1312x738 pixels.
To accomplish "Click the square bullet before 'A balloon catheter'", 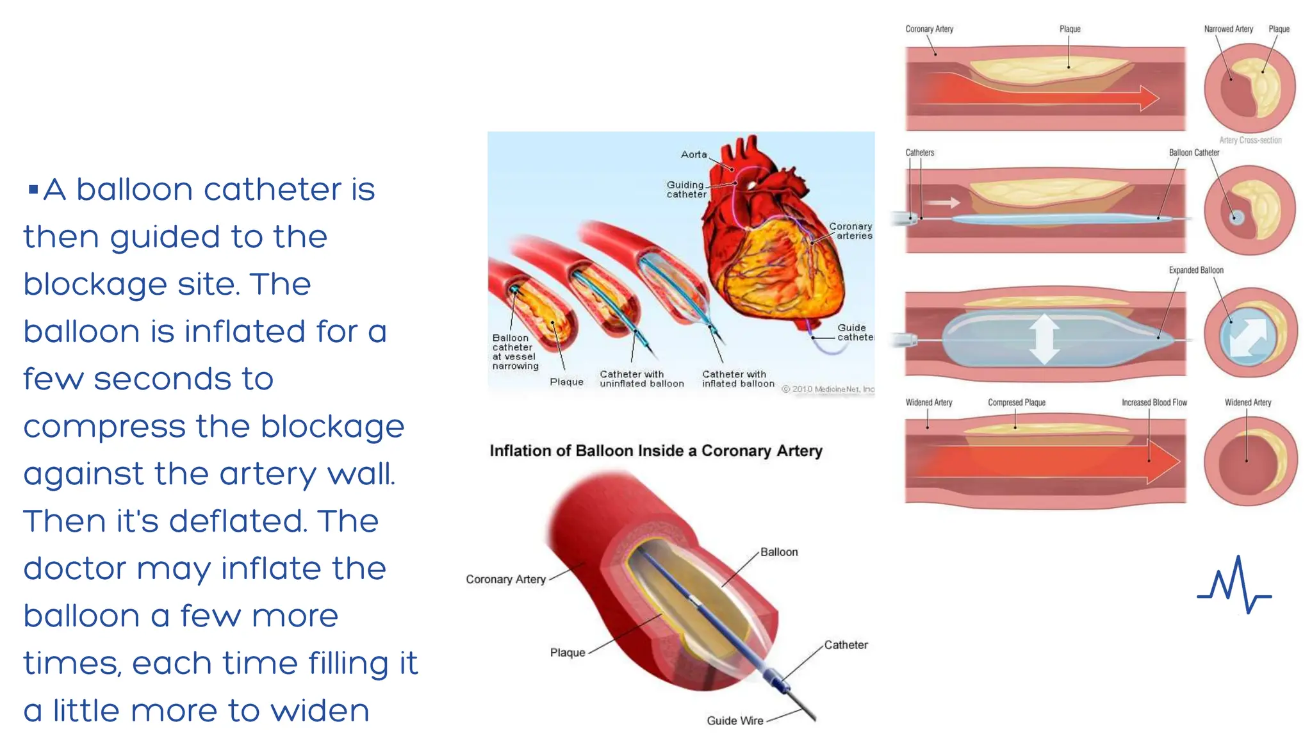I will tap(33, 189).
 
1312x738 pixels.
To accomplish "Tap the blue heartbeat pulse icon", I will tap(1234, 586).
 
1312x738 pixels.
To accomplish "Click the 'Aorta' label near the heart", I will tap(694, 154).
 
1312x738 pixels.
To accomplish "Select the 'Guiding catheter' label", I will tap(686, 190).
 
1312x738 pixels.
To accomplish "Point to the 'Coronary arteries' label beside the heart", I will tap(851, 231).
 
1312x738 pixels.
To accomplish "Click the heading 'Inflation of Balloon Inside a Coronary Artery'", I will tap(655, 451).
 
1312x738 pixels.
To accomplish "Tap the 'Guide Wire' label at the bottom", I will tap(735, 721).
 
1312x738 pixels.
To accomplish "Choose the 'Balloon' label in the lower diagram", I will tap(779, 552).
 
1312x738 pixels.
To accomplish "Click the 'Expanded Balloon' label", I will tap(1196, 270).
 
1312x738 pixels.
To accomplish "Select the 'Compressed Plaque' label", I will tap(1017, 402).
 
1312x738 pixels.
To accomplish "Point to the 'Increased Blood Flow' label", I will tap(1154, 402).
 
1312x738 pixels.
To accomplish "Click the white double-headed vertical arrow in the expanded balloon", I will tap(1044, 338).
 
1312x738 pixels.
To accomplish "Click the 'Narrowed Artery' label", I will tap(1228, 29).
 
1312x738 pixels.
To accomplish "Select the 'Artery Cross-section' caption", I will tap(1250, 140).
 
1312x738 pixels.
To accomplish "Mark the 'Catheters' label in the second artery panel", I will tap(920, 152).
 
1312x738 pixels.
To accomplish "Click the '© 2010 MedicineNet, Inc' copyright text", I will tap(828, 389).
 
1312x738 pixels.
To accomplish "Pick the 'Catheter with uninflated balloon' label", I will tap(641, 379).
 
